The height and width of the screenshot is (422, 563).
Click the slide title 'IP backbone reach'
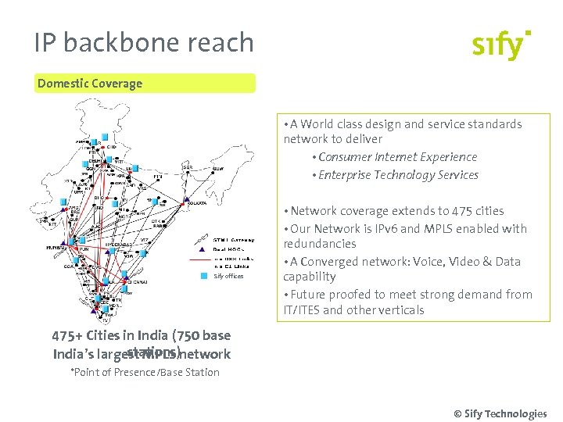144,42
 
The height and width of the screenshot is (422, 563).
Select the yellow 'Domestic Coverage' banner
145,84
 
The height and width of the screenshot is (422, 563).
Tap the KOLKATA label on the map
196,203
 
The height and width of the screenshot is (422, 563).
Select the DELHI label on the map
96,159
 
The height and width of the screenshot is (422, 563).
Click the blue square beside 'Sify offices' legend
205,276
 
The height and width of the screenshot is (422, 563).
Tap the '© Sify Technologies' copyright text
500,413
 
